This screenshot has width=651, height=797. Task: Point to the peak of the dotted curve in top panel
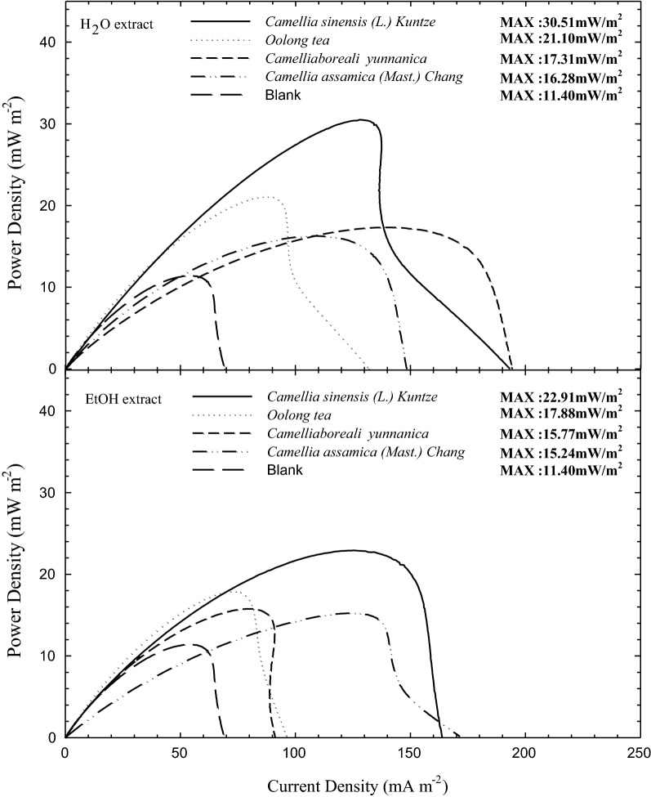[x=267, y=196]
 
